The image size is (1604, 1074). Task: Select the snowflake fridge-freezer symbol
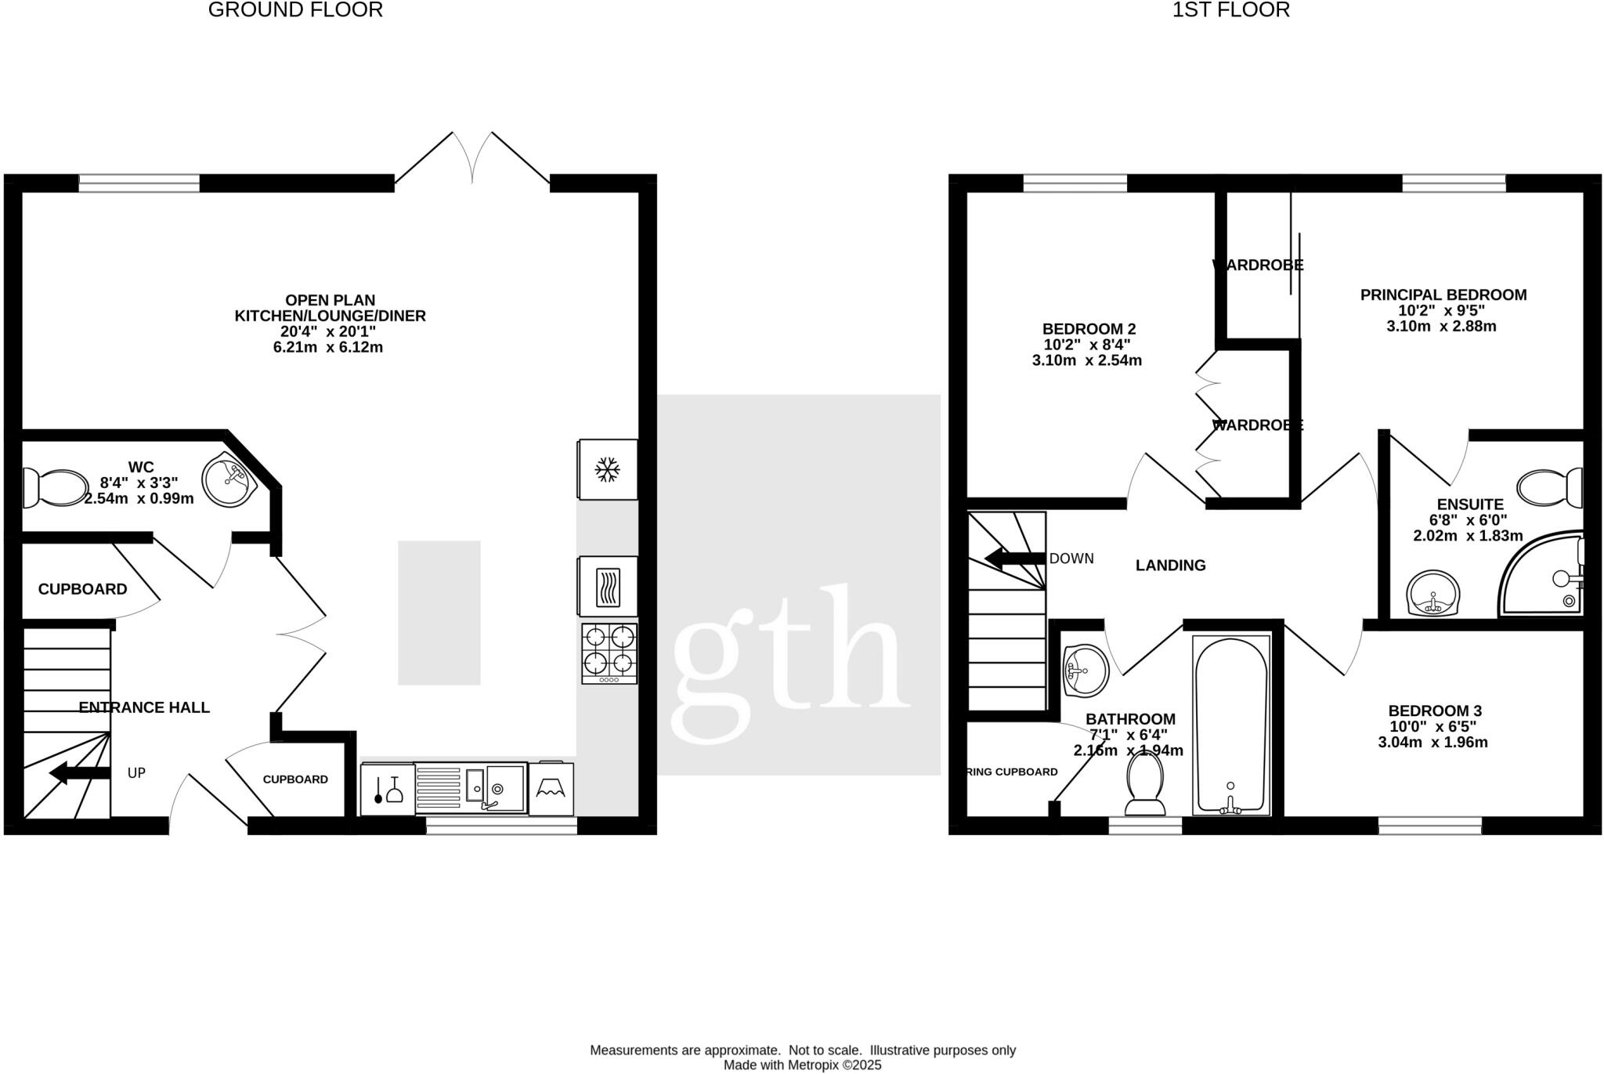tap(607, 470)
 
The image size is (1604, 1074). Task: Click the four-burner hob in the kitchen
tap(609, 650)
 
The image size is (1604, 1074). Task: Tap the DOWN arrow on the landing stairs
tap(1014, 559)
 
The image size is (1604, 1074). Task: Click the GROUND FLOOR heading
tap(295, 10)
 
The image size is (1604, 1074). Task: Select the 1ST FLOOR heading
tap(1230, 10)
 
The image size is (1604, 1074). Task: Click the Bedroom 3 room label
tap(1434, 711)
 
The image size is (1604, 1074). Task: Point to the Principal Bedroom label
tap(1443, 295)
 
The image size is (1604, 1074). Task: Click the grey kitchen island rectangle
tap(439, 613)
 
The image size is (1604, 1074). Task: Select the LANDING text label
tap(1170, 565)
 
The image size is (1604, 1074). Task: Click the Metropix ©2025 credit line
tap(802, 1065)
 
